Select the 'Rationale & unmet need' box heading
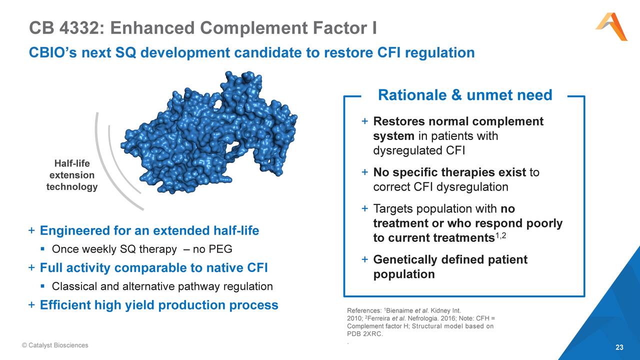pos(464,95)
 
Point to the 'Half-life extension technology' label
pos(71,175)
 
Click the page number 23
pos(619,347)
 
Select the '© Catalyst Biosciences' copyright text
pos(55,345)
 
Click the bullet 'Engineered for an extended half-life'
pos(149,231)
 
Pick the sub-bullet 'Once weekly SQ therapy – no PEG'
pos(142,249)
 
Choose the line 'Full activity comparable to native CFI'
pos(153,268)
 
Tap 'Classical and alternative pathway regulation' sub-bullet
pos(162,286)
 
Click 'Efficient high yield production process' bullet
pos(158,305)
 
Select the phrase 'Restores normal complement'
pos(458,121)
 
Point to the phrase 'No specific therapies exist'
pos(449,173)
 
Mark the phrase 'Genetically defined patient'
pos(450,260)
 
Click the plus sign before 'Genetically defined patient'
pos(364,259)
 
